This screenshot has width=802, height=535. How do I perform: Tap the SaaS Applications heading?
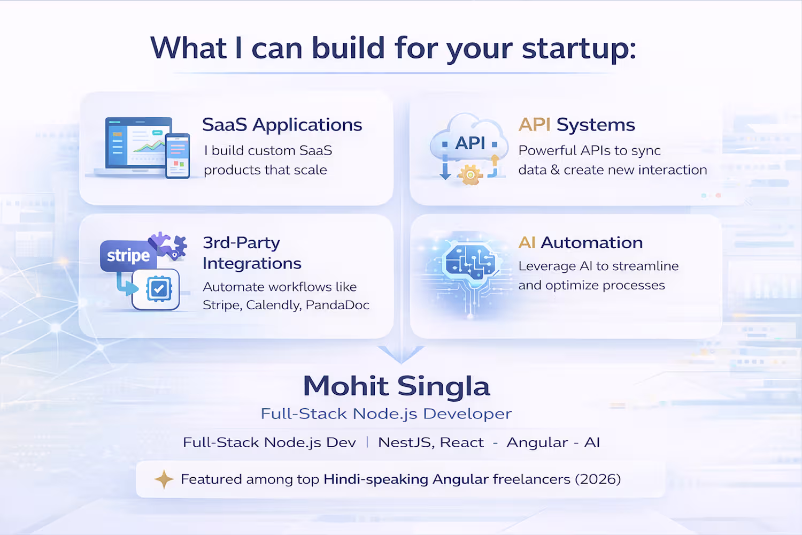282,125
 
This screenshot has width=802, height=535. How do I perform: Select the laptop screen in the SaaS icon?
138,142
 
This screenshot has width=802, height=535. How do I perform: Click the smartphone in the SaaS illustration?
178,156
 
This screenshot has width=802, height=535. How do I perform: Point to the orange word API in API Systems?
535,125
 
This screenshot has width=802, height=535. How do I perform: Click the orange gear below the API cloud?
471,174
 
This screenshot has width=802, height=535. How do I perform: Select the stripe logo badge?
128,256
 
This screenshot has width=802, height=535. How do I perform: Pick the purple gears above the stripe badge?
168,245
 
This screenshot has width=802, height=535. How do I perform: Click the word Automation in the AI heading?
592,242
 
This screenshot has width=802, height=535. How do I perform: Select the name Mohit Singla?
396,386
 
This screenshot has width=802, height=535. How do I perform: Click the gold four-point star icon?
164,479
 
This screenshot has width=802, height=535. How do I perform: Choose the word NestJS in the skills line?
406,443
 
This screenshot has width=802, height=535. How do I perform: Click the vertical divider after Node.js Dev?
367,442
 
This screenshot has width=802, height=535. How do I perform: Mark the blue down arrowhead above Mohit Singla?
401,354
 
